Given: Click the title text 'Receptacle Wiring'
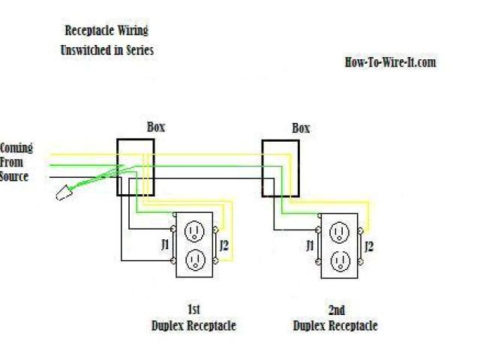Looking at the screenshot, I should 106,31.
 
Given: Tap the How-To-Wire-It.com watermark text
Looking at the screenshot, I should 390,62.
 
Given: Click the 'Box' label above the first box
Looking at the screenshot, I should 155,127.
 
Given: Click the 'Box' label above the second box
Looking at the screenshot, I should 300,128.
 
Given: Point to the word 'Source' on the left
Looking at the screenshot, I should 14,177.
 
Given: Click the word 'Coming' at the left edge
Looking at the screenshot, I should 16,148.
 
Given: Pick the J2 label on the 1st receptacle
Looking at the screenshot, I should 224,244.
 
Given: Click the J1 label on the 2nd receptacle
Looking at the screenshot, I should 309,244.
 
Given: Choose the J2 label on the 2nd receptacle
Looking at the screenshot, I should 368,244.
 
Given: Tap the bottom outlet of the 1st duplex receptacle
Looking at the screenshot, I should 195,259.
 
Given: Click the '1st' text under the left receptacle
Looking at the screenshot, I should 193,309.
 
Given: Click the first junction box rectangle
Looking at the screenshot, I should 135,166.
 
